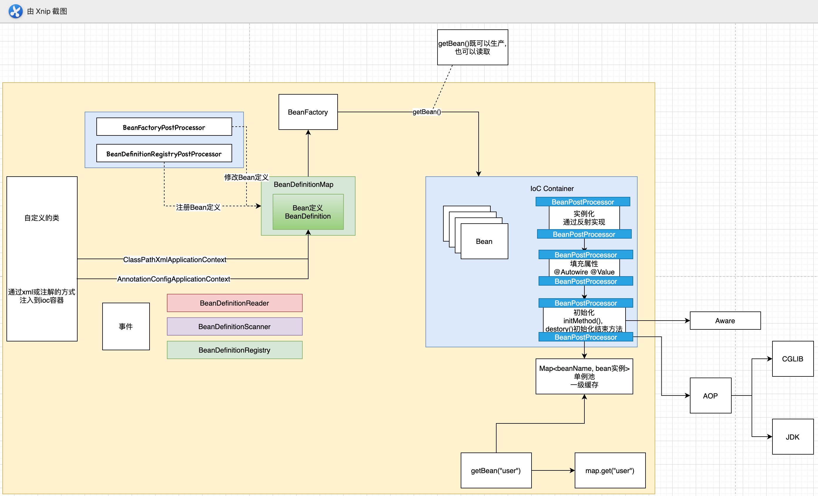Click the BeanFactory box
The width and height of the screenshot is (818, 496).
(308, 112)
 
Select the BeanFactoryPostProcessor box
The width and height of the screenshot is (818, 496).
(164, 127)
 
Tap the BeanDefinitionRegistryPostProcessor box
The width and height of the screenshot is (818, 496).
(164, 153)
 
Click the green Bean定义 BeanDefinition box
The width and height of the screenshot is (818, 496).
(308, 212)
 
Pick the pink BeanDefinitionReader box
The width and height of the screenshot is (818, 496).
(234, 303)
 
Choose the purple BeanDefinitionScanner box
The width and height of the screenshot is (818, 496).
(234, 326)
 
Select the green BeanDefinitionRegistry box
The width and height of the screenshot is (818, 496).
(234, 350)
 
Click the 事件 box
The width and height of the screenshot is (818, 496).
(126, 326)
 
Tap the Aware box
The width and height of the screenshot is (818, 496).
(725, 320)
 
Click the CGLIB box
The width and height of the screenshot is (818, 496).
(792, 358)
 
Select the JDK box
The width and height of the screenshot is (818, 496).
(792, 437)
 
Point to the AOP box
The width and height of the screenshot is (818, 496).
(710, 396)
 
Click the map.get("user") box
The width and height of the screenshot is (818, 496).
(610, 470)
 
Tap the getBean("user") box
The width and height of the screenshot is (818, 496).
(496, 470)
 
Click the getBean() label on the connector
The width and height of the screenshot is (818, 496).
(427, 112)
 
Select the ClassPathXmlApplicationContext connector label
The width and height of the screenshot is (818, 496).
(175, 259)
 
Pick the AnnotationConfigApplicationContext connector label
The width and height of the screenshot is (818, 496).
(174, 279)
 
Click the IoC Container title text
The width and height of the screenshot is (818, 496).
(552, 188)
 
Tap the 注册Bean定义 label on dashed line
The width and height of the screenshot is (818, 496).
(198, 207)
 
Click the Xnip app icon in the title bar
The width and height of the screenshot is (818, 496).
(15, 11)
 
